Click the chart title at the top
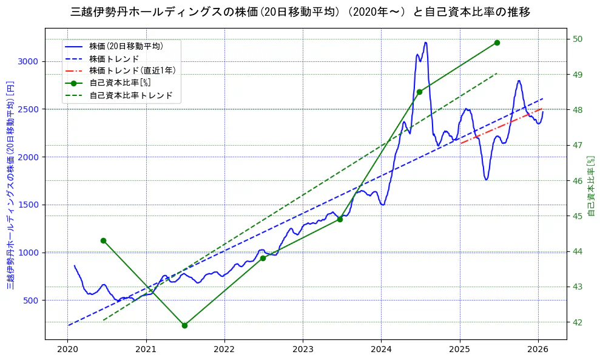[x=300, y=12]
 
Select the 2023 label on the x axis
[x=303, y=350]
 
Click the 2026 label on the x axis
[x=538, y=350]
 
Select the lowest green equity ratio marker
[x=184, y=325]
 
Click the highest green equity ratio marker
[x=497, y=42]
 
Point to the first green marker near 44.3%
[x=103, y=240]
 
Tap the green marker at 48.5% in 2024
[x=419, y=92]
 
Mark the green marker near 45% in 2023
[x=340, y=219]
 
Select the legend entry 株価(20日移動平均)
[x=126, y=46]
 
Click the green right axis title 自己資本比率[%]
[x=592, y=185]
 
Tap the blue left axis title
[x=10, y=185]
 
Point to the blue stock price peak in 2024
[x=426, y=42]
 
